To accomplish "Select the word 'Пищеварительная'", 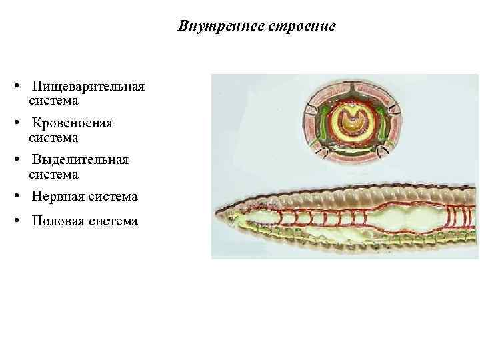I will pyautogui.click(x=87, y=87).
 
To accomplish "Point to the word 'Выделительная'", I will pyautogui.click(x=80, y=161).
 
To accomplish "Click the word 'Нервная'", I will pyautogui.click(x=58, y=197).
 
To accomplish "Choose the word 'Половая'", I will pyautogui.click(x=59, y=221).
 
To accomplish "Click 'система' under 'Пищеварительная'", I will pyautogui.click(x=53, y=101).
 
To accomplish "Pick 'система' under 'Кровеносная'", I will pyautogui.click(x=53, y=137).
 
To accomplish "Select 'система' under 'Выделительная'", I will pyautogui.click(x=53, y=174).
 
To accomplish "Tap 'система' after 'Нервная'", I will pyautogui.click(x=113, y=197).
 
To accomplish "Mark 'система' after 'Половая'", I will pyautogui.click(x=113, y=221).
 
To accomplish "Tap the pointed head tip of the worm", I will pyautogui.click(x=215, y=215).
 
